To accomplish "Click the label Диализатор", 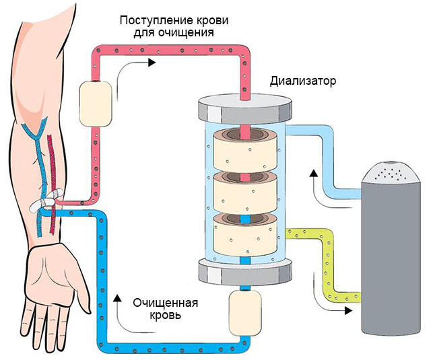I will tap(303, 81).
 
